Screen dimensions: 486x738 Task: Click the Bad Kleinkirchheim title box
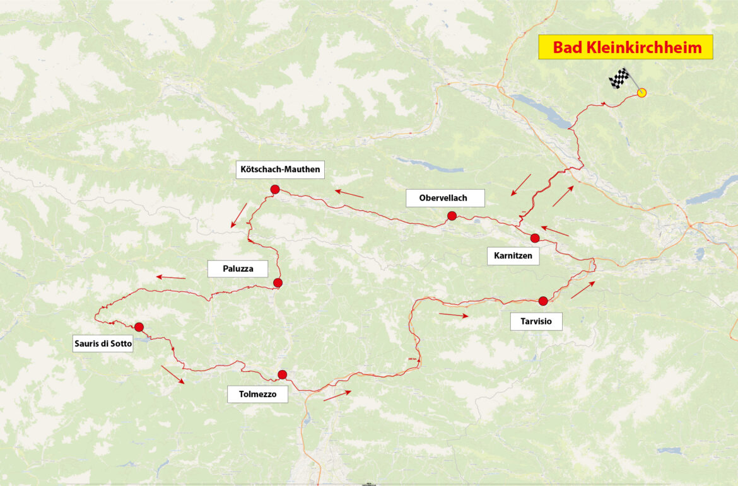(x=625, y=47)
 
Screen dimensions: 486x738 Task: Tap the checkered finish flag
(x=619, y=79)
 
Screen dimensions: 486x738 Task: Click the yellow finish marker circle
(x=642, y=93)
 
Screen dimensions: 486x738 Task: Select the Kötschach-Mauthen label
(x=280, y=169)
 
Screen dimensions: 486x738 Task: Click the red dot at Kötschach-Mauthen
(x=275, y=189)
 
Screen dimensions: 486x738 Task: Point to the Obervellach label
(x=443, y=198)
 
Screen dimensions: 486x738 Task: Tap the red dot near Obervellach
(x=452, y=216)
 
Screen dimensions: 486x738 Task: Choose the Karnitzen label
(x=513, y=256)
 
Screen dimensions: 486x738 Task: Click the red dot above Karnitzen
(x=535, y=238)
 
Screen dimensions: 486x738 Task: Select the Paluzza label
(x=238, y=269)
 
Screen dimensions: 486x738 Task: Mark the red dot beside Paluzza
(x=278, y=283)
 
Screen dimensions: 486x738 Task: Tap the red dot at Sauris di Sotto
(x=139, y=327)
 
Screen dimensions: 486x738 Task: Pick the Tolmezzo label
(x=257, y=395)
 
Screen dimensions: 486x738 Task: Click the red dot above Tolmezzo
(x=282, y=374)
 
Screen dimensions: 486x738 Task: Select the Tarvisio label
(x=536, y=321)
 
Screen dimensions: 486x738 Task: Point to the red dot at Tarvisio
(x=543, y=301)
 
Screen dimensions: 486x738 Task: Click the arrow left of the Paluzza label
(x=171, y=277)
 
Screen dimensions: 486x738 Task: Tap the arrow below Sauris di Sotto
(x=173, y=374)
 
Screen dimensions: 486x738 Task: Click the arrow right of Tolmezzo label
(x=337, y=395)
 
